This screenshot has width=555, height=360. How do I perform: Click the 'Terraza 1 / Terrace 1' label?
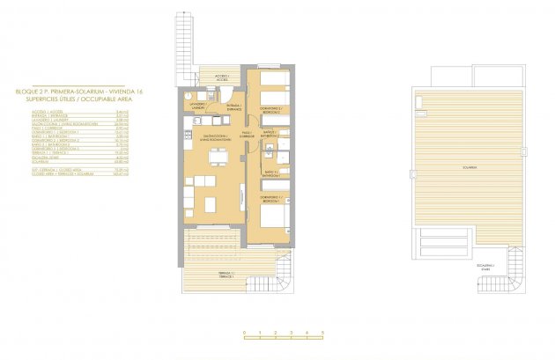[226, 276]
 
